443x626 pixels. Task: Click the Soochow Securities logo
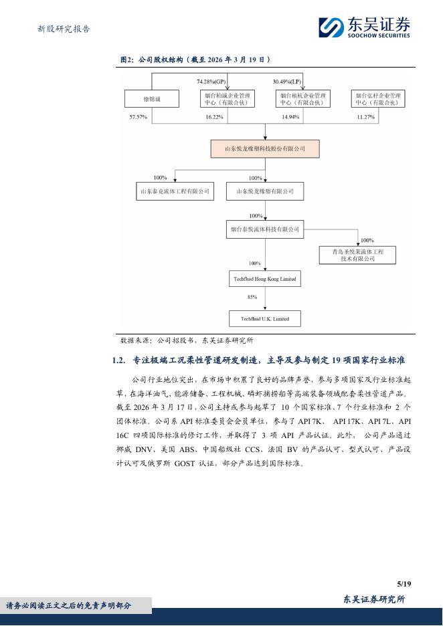(364, 27)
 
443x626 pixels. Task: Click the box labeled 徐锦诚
(151, 99)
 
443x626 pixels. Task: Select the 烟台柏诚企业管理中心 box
(227, 99)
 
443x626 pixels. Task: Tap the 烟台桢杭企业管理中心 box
(302, 99)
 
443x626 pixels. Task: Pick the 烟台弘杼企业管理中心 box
(378, 99)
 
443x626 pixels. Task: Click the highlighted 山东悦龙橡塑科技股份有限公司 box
(265, 148)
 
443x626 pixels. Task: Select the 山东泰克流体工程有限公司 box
(174, 191)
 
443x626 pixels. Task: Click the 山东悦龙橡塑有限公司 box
(264, 191)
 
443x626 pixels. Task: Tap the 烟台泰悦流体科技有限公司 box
(264, 230)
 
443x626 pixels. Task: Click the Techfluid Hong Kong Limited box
(264, 278)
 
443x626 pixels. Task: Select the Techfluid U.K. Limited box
(265, 318)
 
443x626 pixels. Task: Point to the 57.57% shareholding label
(139, 117)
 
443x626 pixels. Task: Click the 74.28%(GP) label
(210, 82)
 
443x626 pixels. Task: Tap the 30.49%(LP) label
(286, 82)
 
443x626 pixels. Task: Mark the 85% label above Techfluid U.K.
(252, 297)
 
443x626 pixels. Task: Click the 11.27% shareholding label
(365, 117)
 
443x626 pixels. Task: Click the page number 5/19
(403, 584)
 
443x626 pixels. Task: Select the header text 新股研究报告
(64, 29)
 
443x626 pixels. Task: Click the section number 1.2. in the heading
(118, 360)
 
